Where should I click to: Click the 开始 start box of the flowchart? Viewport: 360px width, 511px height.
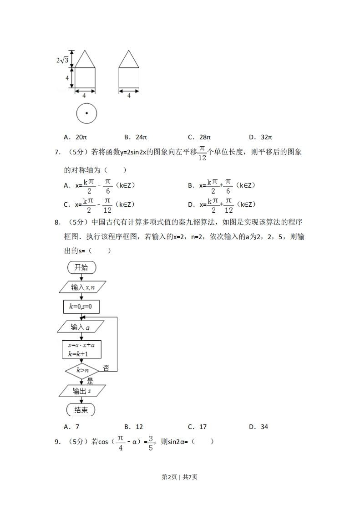click(81, 267)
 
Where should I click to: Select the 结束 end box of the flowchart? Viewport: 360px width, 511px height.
click(81, 410)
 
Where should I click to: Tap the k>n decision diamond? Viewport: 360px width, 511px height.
click(82, 371)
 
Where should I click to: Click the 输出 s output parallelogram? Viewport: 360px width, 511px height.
click(82, 391)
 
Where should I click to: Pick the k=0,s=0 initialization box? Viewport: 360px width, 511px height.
click(81, 307)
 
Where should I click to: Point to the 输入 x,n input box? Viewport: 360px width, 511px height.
click(82, 287)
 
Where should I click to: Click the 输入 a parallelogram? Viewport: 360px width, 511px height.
click(81, 327)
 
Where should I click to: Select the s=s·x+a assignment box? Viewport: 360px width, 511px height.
click(81, 349)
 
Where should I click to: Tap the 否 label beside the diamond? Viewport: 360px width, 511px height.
click(106, 367)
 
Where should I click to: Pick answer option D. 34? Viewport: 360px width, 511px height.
click(259, 427)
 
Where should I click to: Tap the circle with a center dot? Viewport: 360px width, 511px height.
click(86, 113)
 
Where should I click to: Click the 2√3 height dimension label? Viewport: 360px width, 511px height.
click(62, 60)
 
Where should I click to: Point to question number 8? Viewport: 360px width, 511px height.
click(57, 222)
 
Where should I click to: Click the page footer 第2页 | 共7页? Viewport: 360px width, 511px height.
click(180, 477)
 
